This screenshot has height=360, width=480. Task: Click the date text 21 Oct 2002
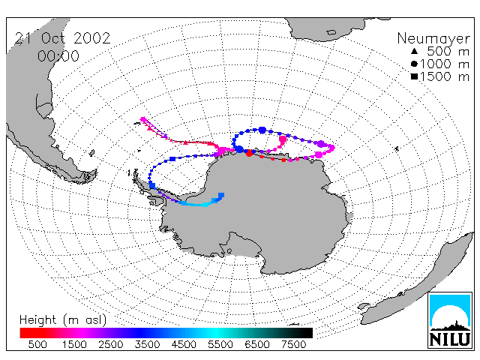point(62,38)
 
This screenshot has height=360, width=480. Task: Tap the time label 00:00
point(58,56)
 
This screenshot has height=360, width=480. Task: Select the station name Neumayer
point(433,39)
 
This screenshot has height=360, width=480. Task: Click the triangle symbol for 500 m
point(414,51)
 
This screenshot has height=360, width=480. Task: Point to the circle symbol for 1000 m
point(414,64)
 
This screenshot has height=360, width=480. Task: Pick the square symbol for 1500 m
point(414,76)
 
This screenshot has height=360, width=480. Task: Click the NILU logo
point(450,320)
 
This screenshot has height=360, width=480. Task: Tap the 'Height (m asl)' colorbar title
point(63,320)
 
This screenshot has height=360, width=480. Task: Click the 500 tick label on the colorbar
point(37,344)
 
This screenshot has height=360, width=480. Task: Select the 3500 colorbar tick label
point(147,344)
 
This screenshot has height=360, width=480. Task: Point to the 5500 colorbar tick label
point(220,344)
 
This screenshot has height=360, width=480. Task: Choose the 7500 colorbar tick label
point(293,344)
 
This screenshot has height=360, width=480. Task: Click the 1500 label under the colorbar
point(74,344)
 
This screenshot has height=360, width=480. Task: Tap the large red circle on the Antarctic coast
point(249,153)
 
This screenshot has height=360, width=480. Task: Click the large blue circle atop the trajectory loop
point(262,130)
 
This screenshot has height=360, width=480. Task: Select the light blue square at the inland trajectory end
point(221,195)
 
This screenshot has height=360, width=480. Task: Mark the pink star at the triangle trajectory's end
point(143,119)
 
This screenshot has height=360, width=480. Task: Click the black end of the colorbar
point(307,333)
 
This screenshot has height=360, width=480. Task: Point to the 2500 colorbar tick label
point(110,344)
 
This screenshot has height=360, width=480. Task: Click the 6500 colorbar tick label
point(256,344)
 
